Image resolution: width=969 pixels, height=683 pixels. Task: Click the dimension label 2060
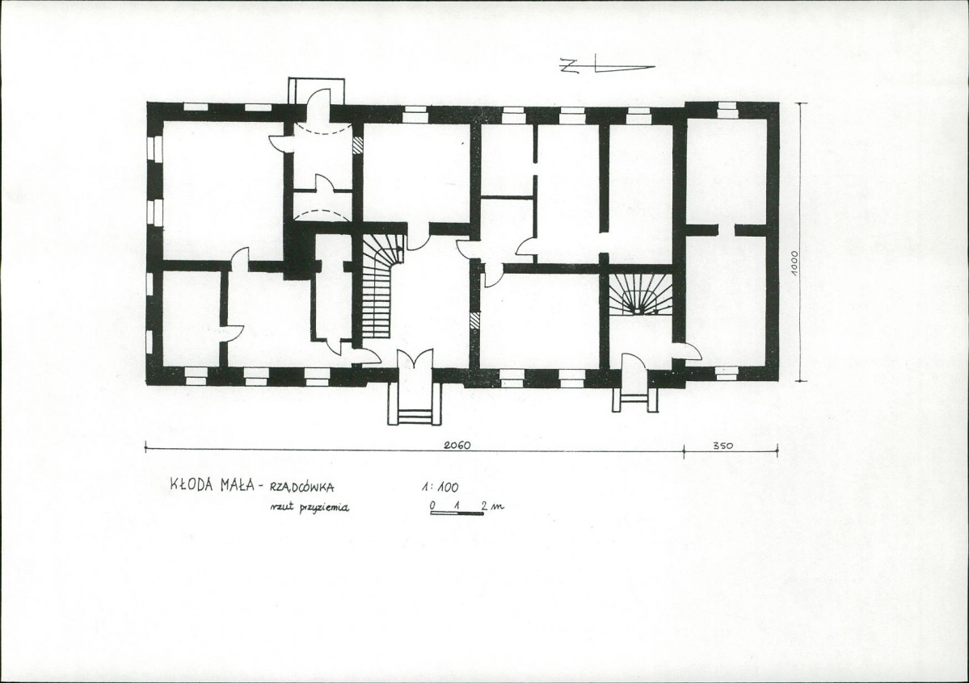(x=457, y=446)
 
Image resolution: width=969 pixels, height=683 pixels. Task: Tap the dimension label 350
(x=723, y=446)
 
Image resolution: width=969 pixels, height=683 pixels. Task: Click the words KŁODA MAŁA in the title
(x=212, y=485)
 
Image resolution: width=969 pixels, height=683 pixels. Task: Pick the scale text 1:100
(x=440, y=488)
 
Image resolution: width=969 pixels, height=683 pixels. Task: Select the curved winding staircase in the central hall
(x=378, y=285)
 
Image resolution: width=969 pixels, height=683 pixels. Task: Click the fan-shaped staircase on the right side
(x=639, y=294)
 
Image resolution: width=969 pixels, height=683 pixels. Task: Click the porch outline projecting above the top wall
(x=317, y=90)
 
